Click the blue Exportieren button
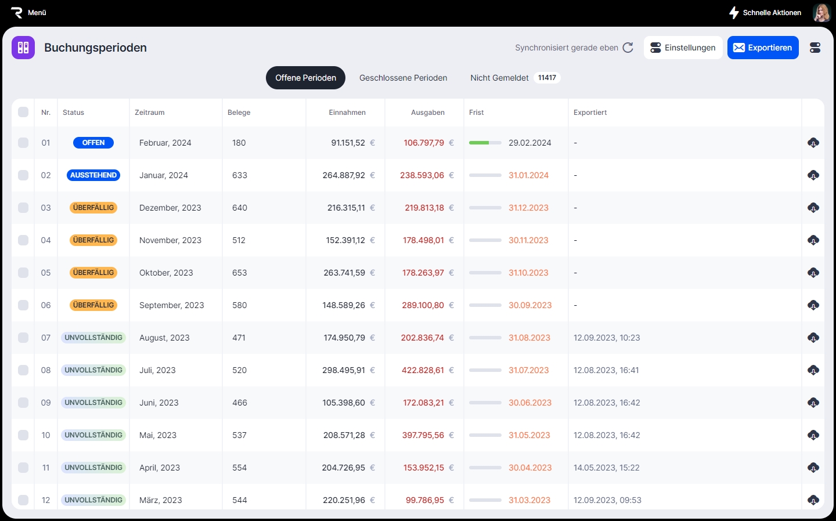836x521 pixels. click(x=763, y=48)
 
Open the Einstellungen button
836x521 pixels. click(x=683, y=48)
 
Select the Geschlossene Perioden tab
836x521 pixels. click(x=403, y=78)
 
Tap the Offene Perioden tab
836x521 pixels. click(x=305, y=78)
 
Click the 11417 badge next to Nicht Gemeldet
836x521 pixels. click(x=547, y=78)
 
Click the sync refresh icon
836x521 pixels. click(x=628, y=48)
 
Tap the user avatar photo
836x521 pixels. click(x=821, y=13)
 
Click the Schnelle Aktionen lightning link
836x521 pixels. click(x=765, y=13)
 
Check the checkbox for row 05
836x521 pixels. click(x=23, y=273)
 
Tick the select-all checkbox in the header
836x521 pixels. click(x=23, y=112)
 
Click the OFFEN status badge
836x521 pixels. click(x=93, y=143)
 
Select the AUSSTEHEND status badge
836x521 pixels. click(x=93, y=175)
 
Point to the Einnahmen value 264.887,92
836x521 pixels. click(x=344, y=175)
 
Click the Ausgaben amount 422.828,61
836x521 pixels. click(x=423, y=370)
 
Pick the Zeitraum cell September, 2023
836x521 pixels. click(x=172, y=305)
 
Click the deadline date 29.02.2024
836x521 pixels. click(x=529, y=143)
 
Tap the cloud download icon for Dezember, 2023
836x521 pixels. click(x=813, y=208)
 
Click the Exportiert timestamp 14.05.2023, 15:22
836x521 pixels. click(x=607, y=468)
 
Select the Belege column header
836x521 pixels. click(x=239, y=113)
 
